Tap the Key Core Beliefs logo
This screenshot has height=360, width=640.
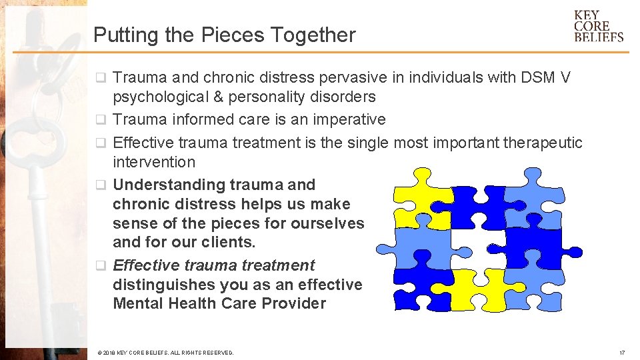coord(598,26)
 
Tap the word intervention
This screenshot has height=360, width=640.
coord(154,162)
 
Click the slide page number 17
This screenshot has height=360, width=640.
coord(621,353)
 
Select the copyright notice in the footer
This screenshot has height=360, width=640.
coord(165,353)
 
